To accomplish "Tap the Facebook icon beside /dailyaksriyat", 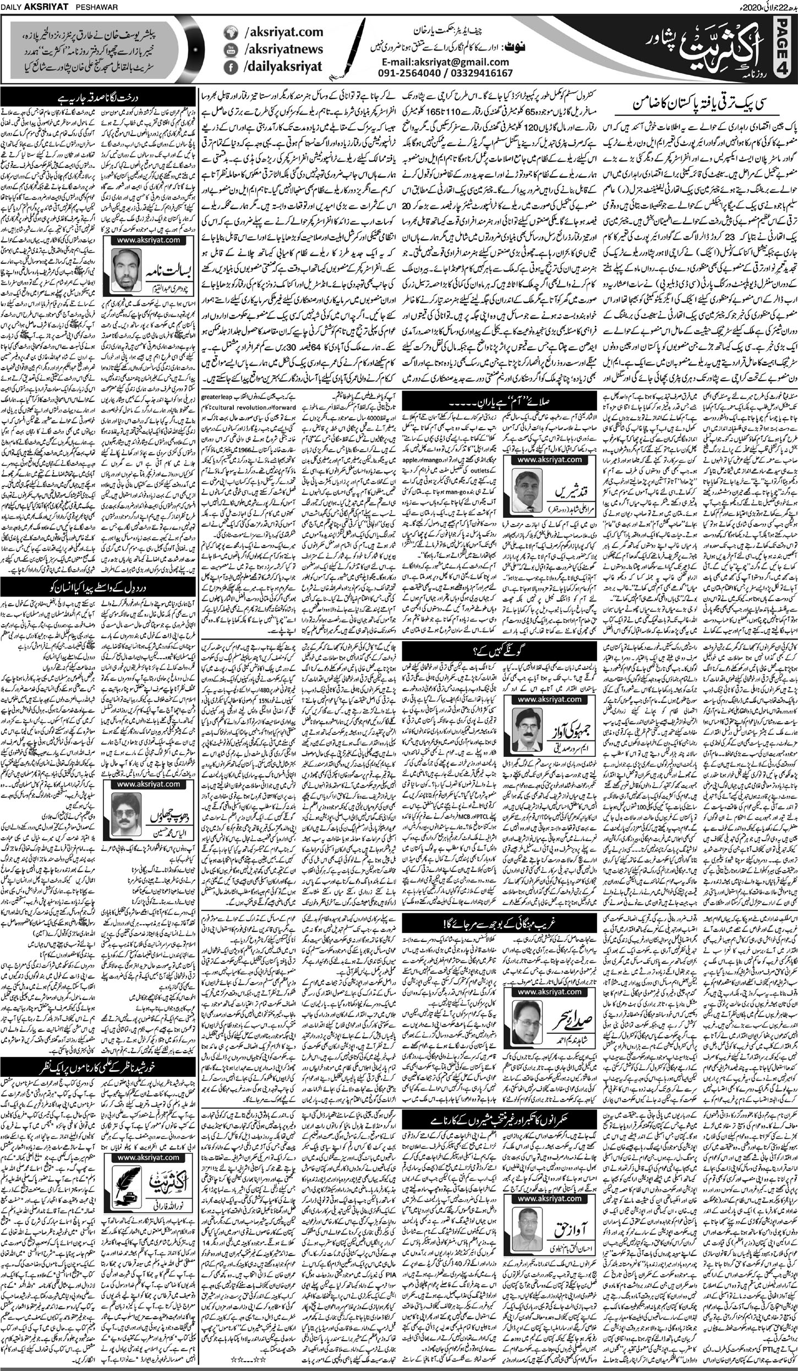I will tap(229, 67).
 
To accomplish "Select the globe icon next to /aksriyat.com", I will tap(229, 32).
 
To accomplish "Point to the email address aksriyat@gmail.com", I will tap(446, 62).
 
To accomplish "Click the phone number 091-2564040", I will tap(416, 73).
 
